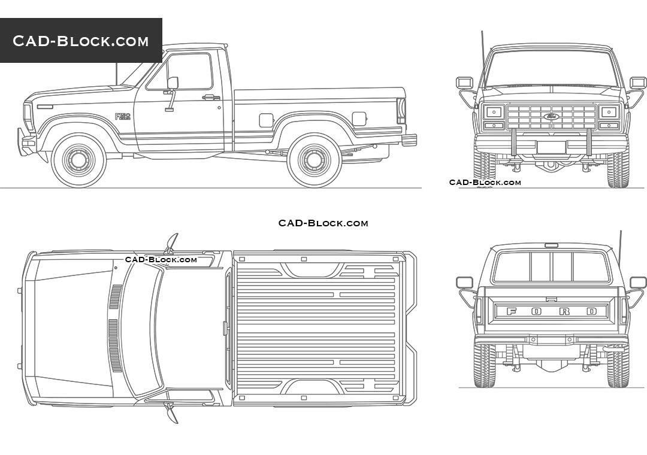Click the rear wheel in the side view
coord(314,160)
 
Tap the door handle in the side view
coord(210,98)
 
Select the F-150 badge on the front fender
coord(123,117)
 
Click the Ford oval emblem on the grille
coord(552,116)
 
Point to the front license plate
coord(552,147)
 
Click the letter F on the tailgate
coord(511,311)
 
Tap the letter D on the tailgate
coord(592,311)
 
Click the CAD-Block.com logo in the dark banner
coord(80,41)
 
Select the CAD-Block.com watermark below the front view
coord(485,183)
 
